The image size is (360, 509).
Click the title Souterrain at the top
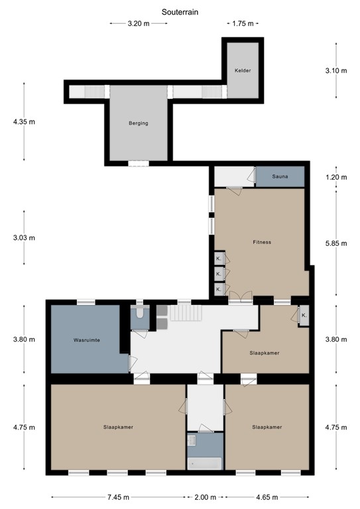point(180,11)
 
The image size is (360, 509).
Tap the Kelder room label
point(243,70)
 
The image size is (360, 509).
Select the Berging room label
point(138,123)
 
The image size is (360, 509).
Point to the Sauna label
point(279,178)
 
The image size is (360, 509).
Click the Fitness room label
point(262,242)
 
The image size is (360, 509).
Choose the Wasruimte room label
point(86,340)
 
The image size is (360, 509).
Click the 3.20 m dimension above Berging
point(138,23)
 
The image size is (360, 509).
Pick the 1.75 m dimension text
point(243,23)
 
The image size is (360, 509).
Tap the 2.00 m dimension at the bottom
point(205,496)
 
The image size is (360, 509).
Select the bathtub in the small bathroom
point(204,463)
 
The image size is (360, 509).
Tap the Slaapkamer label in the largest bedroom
point(118,427)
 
